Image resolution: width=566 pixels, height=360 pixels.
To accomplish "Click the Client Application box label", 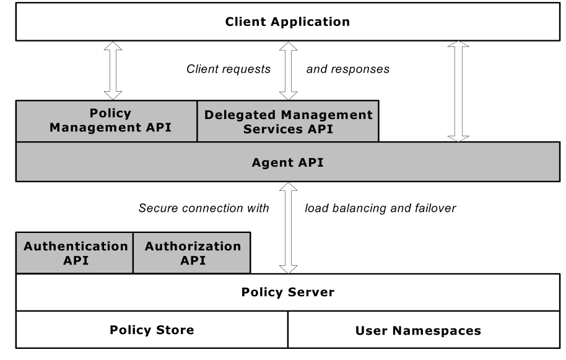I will [x=287, y=22].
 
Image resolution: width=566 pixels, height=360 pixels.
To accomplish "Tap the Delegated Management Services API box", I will [x=288, y=121].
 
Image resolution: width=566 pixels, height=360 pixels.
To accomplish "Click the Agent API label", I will [x=287, y=163].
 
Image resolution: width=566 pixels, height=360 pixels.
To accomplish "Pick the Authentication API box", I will [x=75, y=253].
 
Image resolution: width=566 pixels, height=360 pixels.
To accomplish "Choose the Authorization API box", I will [x=193, y=253].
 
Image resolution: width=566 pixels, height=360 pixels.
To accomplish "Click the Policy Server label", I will [x=287, y=292].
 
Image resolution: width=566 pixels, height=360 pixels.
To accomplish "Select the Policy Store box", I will [x=152, y=330].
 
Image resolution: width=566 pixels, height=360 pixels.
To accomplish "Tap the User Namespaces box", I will [x=418, y=330].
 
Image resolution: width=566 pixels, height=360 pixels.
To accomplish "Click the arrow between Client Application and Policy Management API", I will [x=113, y=70].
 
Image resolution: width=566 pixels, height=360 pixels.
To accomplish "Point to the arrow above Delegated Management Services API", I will [x=288, y=70].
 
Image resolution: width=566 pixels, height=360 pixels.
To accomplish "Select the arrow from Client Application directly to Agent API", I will [x=458, y=91].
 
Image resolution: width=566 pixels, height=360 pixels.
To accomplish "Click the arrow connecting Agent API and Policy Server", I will [x=288, y=227].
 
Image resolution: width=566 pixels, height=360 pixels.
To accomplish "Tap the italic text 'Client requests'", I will [x=229, y=69].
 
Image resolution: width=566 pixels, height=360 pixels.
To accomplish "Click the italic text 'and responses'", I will [x=348, y=69].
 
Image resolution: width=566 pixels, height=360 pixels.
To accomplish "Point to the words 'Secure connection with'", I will [x=204, y=208].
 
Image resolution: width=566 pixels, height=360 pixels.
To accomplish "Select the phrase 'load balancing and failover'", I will [x=380, y=208].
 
